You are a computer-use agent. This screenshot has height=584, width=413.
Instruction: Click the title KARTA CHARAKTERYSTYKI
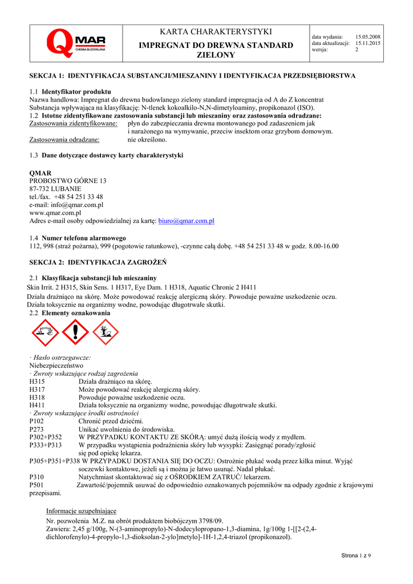click(x=216, y=31)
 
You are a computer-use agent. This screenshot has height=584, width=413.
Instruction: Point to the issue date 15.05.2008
click(x=368, y=36)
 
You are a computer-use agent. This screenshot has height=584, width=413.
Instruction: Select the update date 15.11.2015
click(x=368, y=43)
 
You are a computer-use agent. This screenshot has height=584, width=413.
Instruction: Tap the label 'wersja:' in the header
click(x=319, y=50)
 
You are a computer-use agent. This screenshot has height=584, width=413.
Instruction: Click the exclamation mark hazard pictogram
click(x=74, y=332)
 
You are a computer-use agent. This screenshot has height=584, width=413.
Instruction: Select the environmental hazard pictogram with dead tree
click(x=105, y=332)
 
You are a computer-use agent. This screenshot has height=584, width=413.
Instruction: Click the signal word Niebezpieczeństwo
click(x=56, y=365)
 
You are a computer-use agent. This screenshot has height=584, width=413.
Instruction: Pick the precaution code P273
click(x=37, y=429)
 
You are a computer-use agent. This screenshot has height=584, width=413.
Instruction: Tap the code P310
click(x=37, y=477)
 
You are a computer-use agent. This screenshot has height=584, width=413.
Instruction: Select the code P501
click(x=37, y=485)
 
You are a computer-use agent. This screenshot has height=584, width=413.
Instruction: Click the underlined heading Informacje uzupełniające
click(x=81, y=511)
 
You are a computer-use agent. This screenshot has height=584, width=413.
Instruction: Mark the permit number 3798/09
click(x=211, y=521)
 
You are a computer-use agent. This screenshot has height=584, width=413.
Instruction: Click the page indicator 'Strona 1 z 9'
click(x=356, y=555)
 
